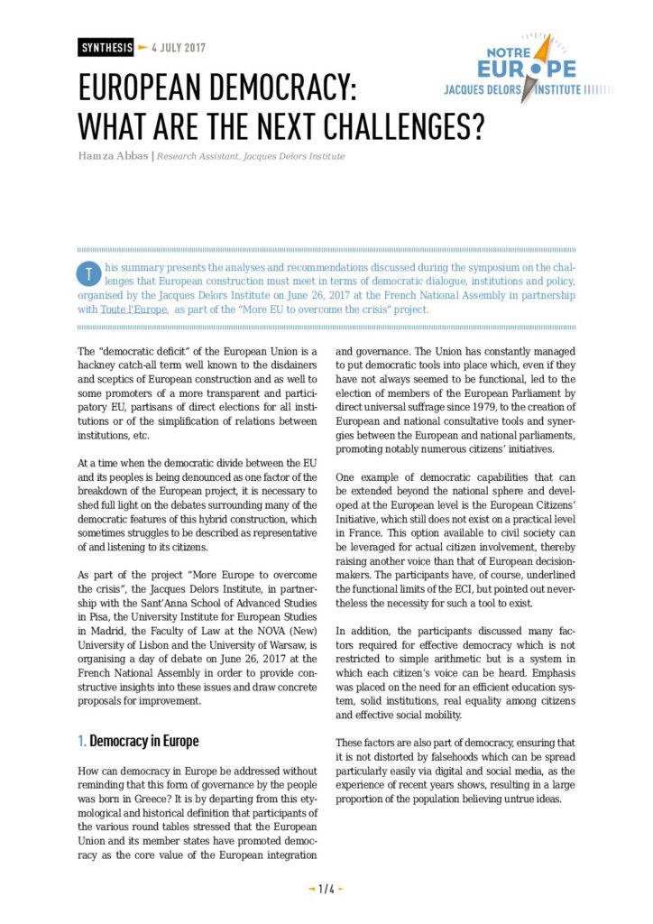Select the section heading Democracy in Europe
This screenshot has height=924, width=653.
point(143,741)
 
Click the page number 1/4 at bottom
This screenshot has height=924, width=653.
point(326,889)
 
